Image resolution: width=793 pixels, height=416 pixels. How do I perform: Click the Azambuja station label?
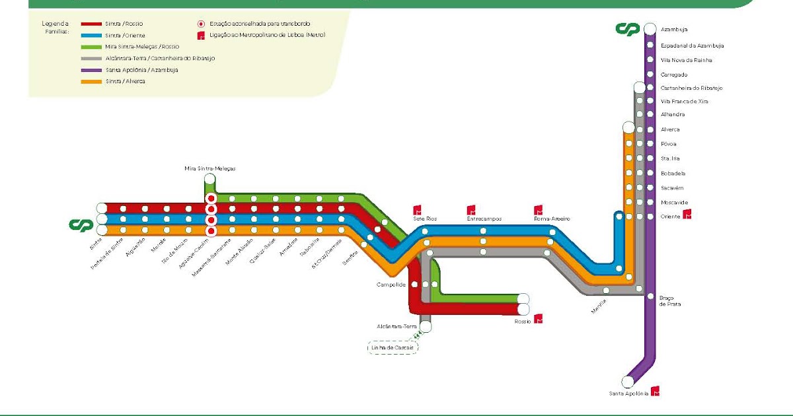[x=674, y=30]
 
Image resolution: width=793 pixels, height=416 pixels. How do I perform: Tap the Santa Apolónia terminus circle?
[x=628, y=381]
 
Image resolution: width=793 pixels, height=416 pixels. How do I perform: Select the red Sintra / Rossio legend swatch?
[x=91, y=23]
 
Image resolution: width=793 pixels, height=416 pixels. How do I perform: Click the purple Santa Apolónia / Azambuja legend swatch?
[x=91, y=69]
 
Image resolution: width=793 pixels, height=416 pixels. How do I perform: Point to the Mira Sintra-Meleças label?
[x=209, y=168]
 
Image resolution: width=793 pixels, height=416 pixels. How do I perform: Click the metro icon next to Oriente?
[x=687, y=215]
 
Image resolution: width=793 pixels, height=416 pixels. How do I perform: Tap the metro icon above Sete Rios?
[x=418, y=209]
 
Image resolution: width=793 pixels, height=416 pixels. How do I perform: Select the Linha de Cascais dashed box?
[x=393, y=347]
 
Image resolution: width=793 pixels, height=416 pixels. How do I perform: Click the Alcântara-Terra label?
[x=397, y=326]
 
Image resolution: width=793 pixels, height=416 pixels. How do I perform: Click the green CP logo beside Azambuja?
[x=627, y=29]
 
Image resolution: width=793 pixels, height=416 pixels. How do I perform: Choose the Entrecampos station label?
[x=484, y=219]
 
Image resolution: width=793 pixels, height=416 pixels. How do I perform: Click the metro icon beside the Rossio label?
[x=539, y=319]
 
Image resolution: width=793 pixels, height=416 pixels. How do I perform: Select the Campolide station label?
[x=391, y=285]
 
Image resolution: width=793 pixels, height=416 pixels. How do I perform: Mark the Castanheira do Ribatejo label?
[x=691, y=88]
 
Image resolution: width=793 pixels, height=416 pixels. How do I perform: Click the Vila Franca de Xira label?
[x=684, y=102]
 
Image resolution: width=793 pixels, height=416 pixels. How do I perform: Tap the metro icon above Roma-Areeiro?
[x=539, y=210]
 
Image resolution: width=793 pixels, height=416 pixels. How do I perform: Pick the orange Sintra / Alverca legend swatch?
[x=91, y=81]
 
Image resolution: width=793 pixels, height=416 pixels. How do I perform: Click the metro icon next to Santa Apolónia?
[x=656, y=391]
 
